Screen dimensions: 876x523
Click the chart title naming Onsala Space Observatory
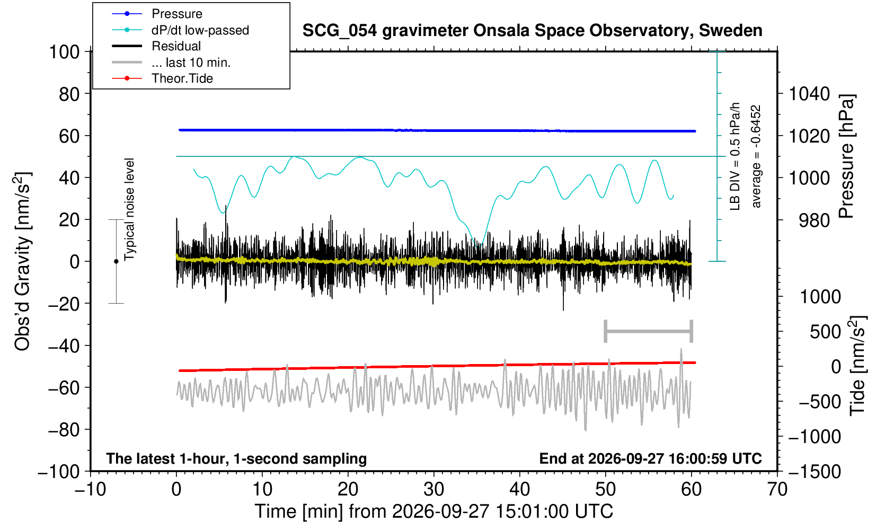click(532, 31)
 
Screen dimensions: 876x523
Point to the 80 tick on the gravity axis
click(69, 94)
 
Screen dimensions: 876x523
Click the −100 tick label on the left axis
click(59, 472)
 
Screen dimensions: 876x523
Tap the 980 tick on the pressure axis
click(814, 220)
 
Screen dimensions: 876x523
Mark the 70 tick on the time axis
click(777, 490)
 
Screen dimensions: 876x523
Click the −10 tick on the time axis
click(90, 490)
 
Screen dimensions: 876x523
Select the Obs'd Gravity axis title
click(23, 261)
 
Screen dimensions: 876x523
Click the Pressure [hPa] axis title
click(846, 156)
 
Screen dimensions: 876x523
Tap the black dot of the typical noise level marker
click(116, 261)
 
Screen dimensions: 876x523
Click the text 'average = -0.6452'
click(756, 156)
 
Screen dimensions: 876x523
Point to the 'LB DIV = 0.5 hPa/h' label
click(735, 156)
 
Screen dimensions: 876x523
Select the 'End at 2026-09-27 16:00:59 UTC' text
click(651, 458)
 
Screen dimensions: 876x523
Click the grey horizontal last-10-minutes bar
click(649, 331)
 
